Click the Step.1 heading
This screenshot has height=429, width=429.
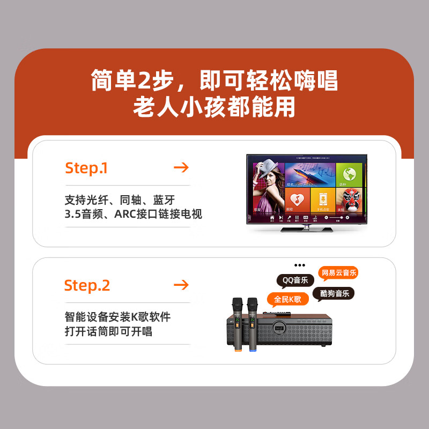(x=86, y=168)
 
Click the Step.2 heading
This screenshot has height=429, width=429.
(x=87, y=285)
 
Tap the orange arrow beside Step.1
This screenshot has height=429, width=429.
(x=181, y=168)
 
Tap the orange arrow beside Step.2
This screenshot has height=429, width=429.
(x=181, y=285)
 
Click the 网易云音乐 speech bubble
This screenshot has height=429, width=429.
(x=338, y=273)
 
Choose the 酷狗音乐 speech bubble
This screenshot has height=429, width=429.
(x=335, y=293)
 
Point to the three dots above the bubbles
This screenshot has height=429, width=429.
(x=300, y=265)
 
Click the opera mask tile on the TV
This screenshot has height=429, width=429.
(x=350, y=199)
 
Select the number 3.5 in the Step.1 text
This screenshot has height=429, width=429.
(x=71, y=214)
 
